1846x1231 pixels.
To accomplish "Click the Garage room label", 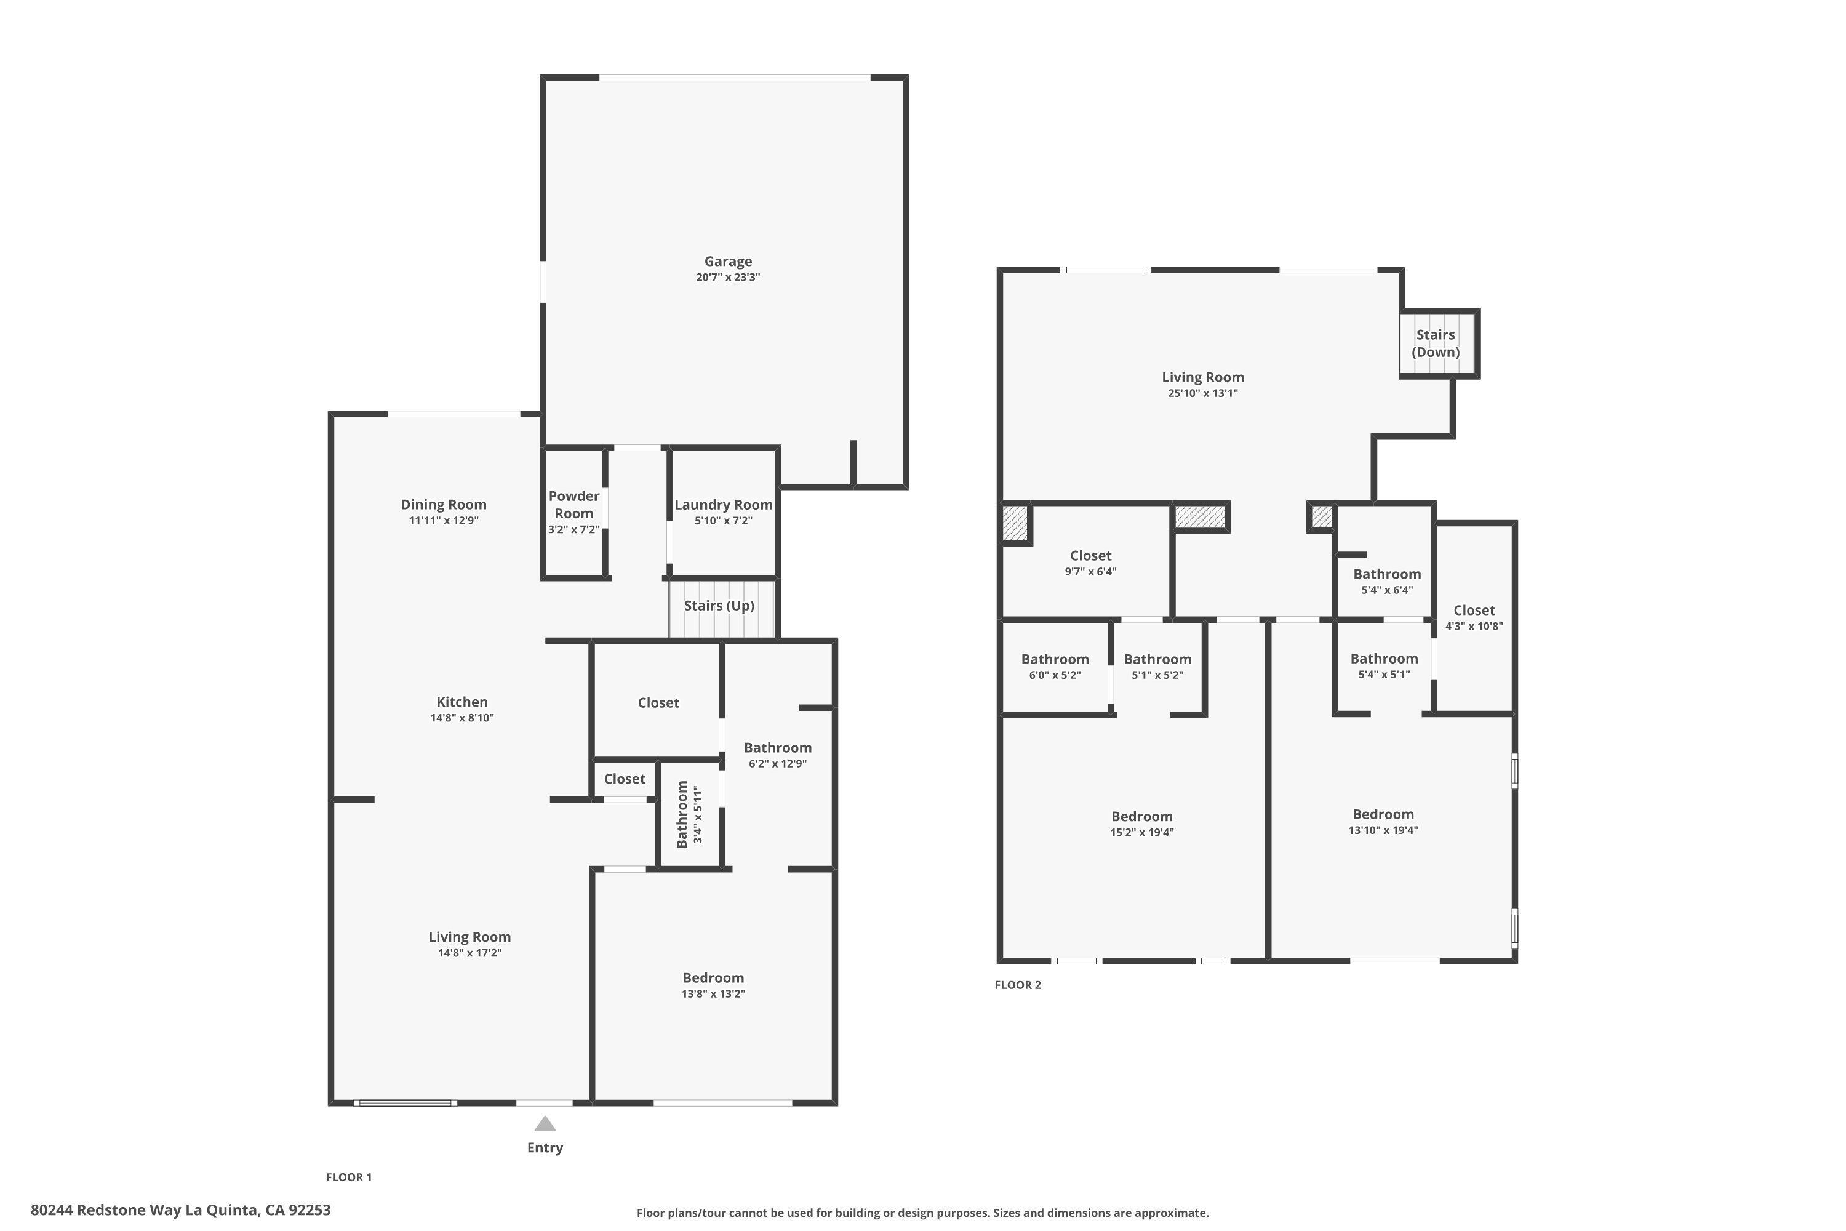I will point(727,262).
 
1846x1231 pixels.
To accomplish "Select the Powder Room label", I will point(573,505).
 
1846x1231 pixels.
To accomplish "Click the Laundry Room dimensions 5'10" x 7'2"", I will point(723,521).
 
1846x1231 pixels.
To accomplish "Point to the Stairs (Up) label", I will point(719,605).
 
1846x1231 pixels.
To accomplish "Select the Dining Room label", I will point(444,505).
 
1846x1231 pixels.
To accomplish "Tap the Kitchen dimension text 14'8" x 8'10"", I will point(461,718).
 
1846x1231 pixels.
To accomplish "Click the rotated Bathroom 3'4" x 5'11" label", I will point(689,813).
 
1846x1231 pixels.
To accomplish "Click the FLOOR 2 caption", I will point(1017,984).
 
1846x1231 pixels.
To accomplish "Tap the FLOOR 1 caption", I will point(348,1177).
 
